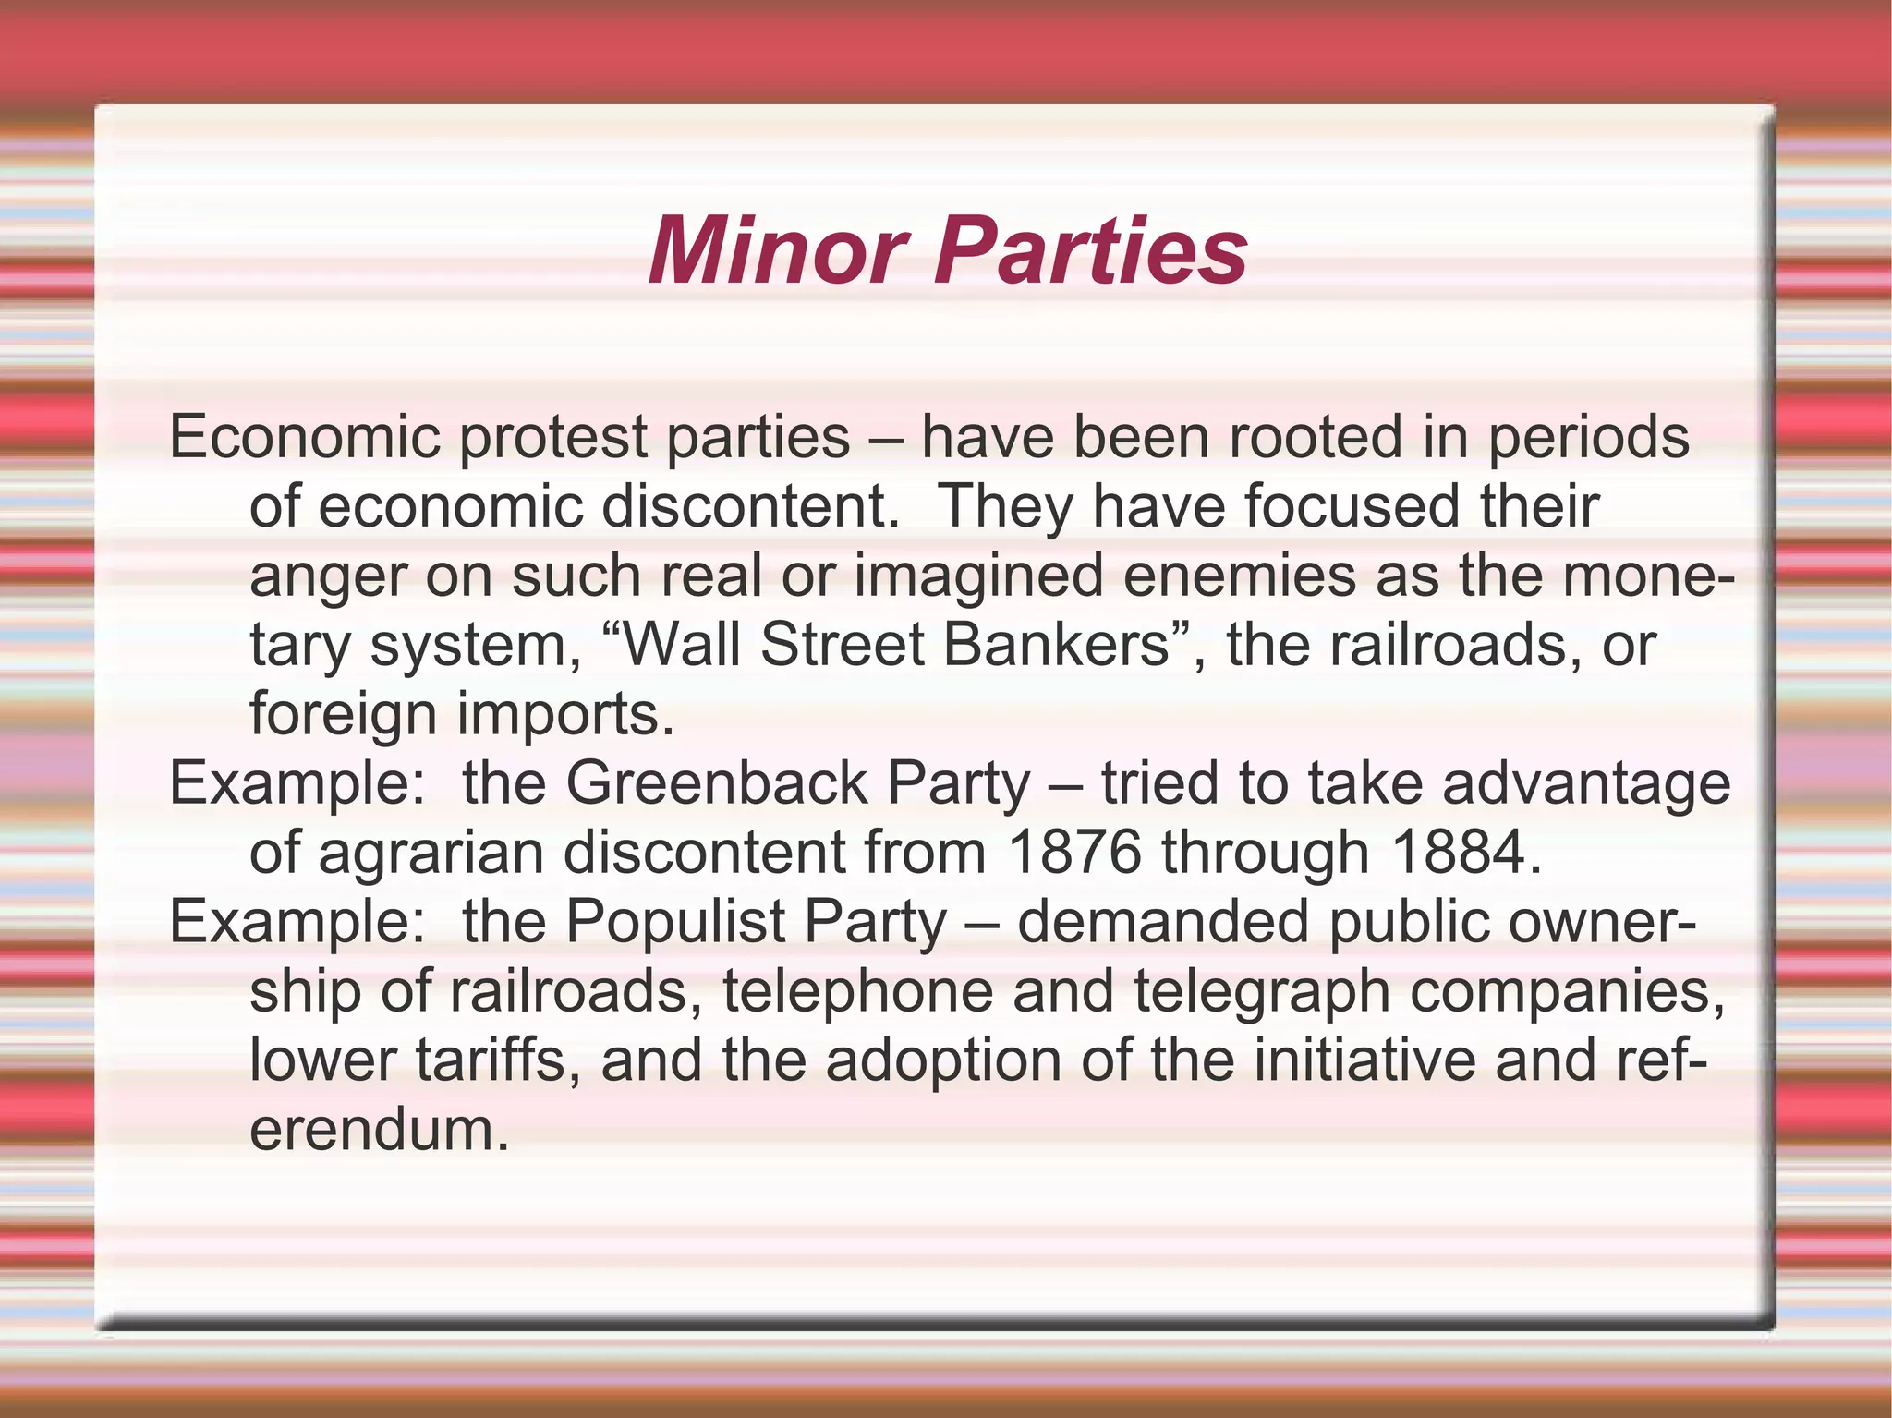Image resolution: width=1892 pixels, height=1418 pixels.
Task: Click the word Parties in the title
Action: [x=1091, y=251]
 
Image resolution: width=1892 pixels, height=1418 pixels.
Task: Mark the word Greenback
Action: [x=717, y=783]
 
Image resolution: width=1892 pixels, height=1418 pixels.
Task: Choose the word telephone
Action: [x=857, y=991]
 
